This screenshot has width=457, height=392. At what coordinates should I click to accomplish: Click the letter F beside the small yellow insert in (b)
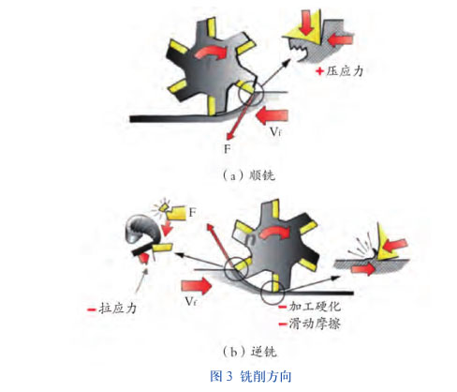tap(193, 214)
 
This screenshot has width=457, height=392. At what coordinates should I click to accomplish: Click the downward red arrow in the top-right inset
tap(308, 20)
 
